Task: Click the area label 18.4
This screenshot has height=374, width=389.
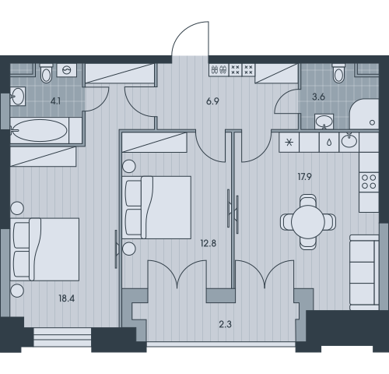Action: point(67,298)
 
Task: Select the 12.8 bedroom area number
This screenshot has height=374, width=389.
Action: point(209,244)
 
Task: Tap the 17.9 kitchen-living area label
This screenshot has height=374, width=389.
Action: point(305,177)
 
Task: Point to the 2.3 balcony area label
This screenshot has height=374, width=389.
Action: point(225,324)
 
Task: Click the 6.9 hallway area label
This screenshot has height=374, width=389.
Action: point(212,101)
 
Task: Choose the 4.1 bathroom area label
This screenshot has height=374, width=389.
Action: point(55,101)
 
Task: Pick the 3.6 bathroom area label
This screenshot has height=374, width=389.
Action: point(318,97)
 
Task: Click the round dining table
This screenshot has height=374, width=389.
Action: point(308,222)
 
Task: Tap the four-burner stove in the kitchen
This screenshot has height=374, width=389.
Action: point(369,182)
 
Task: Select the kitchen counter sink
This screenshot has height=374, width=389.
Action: point(349,142)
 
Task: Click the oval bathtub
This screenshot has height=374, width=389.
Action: point(40,130)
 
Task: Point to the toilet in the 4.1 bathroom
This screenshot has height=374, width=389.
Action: point(47,73)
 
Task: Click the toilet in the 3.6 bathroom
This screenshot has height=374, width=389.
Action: point(339,73)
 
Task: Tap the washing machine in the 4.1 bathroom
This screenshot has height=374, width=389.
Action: point(67,70)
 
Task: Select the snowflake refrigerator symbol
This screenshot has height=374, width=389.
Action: point(289,143)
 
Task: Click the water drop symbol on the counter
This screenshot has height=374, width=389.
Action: point(329,143)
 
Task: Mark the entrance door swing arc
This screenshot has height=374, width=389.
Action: point(184,29)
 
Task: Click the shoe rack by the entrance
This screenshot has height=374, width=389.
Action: point(219,70)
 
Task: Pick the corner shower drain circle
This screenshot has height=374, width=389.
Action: point(373,122)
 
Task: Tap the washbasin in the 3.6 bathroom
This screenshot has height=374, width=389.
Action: point(324,122)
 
